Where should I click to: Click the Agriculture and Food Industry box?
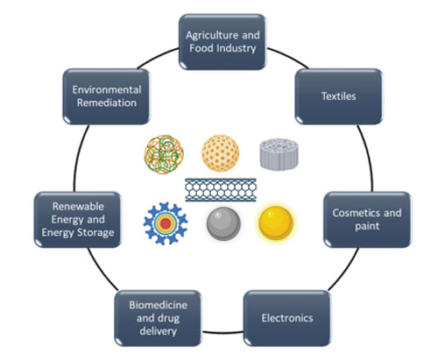223,42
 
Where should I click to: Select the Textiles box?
339,96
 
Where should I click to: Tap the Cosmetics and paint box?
367,220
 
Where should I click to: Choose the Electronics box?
287,318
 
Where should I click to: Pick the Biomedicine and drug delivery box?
158,318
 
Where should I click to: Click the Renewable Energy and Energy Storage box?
78,220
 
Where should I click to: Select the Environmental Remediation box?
107,96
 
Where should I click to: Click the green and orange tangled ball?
164,154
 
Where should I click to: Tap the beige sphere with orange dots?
221,152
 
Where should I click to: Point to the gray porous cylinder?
279,154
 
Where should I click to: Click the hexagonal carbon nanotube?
221,190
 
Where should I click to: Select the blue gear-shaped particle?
166,223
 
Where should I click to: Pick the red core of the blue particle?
166,223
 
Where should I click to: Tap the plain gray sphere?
223,223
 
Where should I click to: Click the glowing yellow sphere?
276,222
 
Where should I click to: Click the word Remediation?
107,102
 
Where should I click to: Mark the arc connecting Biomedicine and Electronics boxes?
223,333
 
